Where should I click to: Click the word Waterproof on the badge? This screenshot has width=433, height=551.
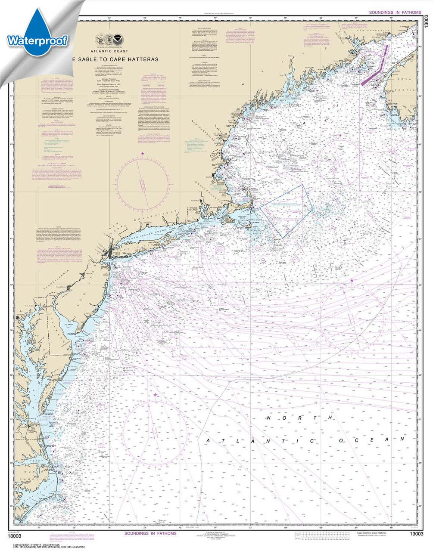37,40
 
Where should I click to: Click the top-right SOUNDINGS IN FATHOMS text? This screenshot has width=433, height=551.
395,13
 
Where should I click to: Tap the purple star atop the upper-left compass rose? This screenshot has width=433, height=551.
143,153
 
